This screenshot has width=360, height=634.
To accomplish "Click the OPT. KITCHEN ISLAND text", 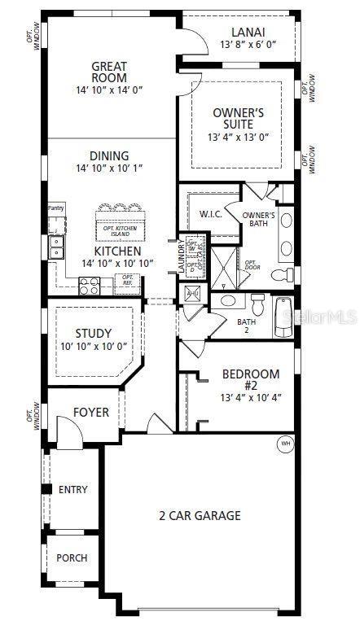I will pos(119,232).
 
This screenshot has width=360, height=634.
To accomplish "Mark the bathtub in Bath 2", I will pos(283,318).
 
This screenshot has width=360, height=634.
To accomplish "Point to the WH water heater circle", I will pos(285,444).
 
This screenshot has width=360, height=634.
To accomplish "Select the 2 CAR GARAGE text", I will pos(200,514).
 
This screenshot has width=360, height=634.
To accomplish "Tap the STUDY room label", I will pos(93,333).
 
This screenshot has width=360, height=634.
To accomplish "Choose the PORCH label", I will pos(72,558).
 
